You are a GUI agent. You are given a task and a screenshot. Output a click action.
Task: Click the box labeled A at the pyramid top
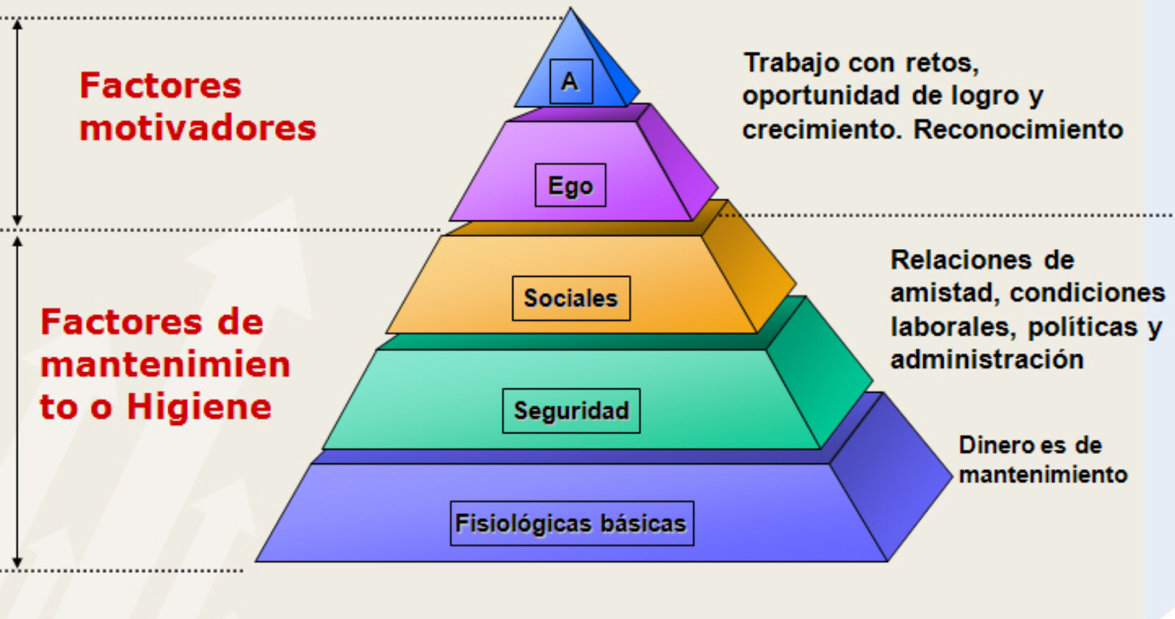coord(571,81)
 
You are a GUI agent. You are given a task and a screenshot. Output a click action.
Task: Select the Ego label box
coord(571,185)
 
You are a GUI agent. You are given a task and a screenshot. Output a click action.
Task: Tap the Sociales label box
coord(571,298)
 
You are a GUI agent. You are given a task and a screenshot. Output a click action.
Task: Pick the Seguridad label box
coord(571,410)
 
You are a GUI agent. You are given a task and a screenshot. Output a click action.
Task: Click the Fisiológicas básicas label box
coord(571,524)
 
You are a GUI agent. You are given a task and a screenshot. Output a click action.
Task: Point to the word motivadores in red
coord(198,128)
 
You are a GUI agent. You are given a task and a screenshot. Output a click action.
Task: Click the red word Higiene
coord(199,407)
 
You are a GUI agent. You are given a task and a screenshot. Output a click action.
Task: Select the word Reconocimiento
coord(1018,129)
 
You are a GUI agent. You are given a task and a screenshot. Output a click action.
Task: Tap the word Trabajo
coord(792,63)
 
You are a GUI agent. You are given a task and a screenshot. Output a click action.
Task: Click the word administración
coord(987,359)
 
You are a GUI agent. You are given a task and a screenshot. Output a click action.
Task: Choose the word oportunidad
coord(820,95)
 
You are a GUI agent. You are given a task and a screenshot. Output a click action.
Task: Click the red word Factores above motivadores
coord(160,85)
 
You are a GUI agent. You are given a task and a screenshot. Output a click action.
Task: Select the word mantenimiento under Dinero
coord(1043,474)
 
